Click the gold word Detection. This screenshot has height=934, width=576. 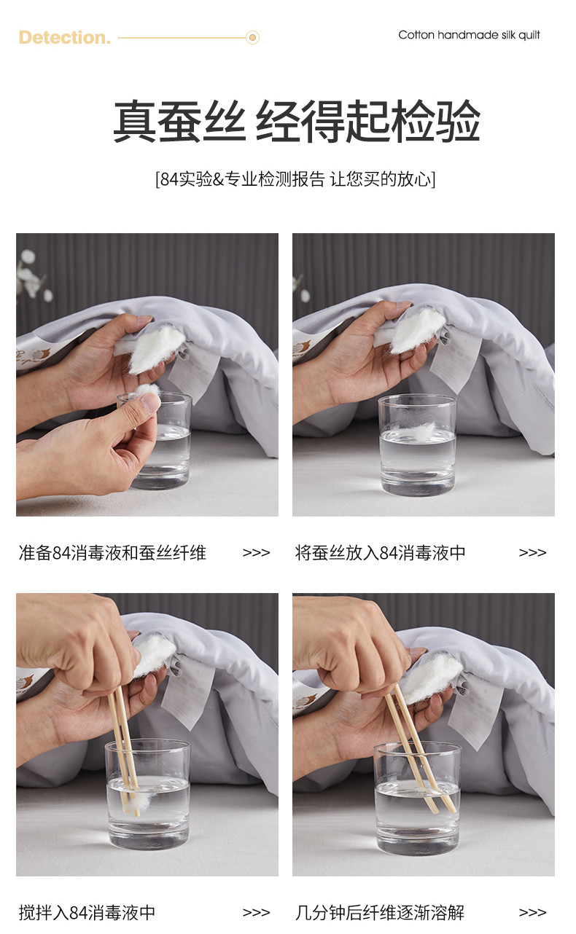pos(65,38)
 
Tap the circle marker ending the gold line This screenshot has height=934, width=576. pos(252,38)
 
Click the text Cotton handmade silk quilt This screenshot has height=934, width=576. pos(469,35)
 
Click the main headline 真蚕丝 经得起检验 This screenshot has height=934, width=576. pos(296,121)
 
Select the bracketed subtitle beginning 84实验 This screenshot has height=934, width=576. pos(295,179)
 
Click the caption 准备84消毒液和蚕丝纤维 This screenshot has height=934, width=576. pos(113,553)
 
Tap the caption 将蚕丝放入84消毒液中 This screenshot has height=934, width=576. pos(381,553)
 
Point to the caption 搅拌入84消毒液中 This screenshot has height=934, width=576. pos(87,912)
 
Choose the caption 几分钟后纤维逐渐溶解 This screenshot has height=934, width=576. pos(380,912)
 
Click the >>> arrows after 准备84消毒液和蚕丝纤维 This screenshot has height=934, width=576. pos(256,553)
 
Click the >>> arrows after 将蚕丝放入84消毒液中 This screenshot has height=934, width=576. pos(532,553)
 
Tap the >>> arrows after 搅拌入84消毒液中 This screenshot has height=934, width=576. pos(256,912)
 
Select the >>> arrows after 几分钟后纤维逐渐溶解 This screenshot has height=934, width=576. pos(532,912)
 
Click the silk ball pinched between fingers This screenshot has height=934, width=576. pos(149,392)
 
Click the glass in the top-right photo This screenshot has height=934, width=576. pos(417,444)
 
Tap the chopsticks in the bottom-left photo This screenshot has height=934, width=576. pos(124,750)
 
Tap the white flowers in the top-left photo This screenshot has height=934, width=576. pos(34,275)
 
